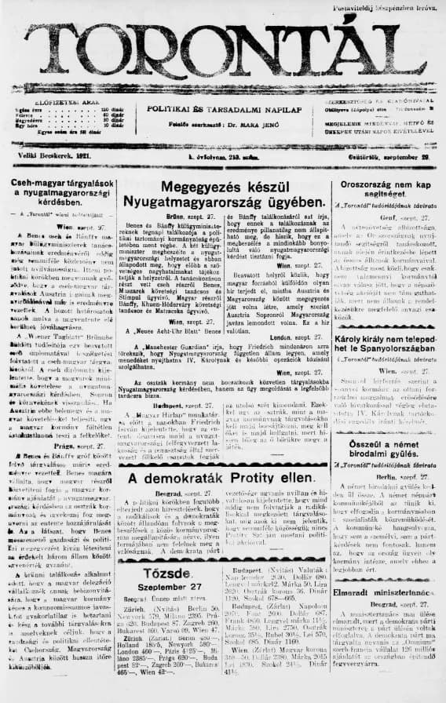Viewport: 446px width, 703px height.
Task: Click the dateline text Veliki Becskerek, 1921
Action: (x=51, y=158)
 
